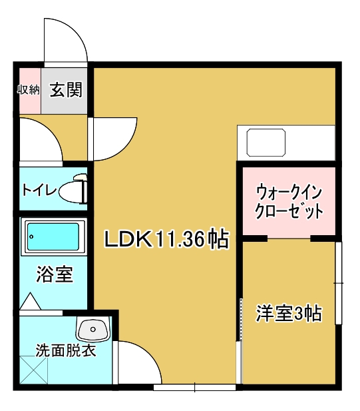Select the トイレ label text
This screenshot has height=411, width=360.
pos(39,189)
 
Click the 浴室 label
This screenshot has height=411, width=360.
pos(53,273)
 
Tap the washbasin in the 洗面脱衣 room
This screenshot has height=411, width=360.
pos(92,330)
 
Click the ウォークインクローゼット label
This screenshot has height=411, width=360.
pos(289,203)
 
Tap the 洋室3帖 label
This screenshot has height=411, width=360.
pos(289,313)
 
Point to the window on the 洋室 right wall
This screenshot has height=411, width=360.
pos(339,283)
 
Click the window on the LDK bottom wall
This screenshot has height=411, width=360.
pos(194,387)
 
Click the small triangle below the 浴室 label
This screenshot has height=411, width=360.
pos(31,301)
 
